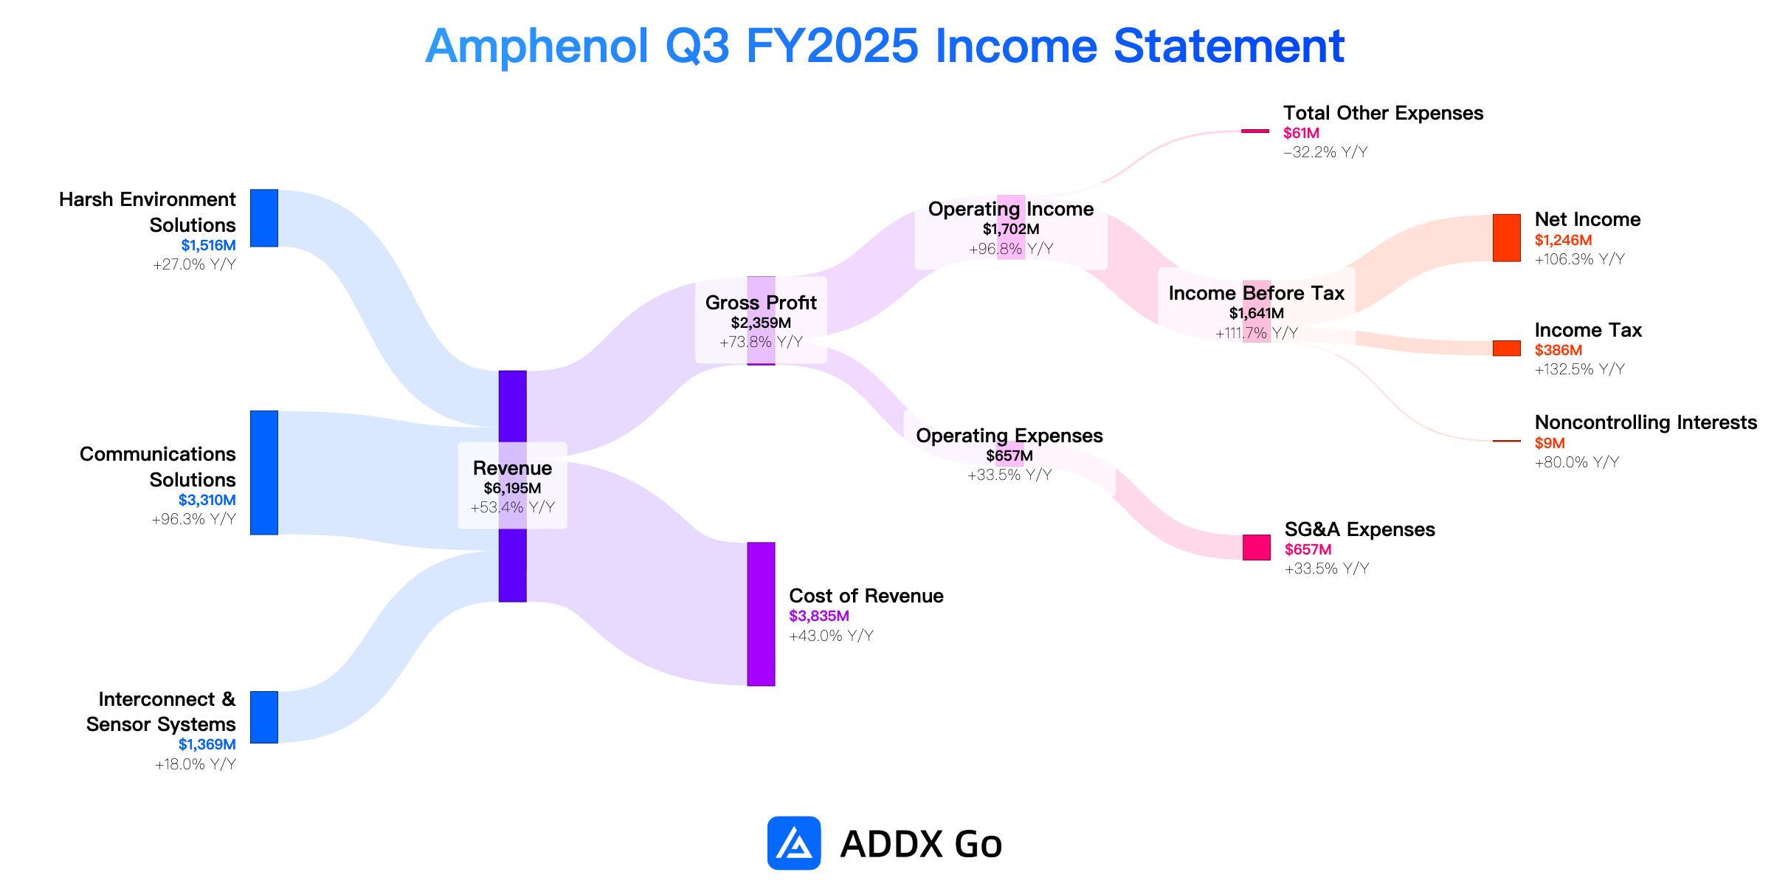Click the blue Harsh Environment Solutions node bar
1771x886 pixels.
[264, 218]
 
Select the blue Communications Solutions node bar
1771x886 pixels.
[264, 473]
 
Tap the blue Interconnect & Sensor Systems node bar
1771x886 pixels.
[264, 717]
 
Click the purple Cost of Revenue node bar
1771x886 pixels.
[761, 614]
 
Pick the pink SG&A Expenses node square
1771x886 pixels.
[1257, 547]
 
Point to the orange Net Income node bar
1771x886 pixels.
[1507, 238]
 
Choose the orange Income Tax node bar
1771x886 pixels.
[1507, 348]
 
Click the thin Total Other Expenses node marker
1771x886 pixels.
[1255, 131]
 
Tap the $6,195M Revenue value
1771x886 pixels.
[512, 488]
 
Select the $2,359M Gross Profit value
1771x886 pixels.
[761, 323]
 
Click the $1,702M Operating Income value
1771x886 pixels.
[1011, 229]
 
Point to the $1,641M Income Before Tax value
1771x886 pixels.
[1257, 313]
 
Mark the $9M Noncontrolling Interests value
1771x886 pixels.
[1550, 443]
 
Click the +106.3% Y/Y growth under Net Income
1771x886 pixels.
[1580, 259]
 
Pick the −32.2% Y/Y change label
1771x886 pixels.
[1325, 152]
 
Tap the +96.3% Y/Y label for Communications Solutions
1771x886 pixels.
[194, 519]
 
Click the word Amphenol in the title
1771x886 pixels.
[537, 46]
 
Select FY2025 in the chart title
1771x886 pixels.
[832, 46]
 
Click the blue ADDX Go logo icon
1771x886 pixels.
[794, 842]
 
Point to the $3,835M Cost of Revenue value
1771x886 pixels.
[819, 616]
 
